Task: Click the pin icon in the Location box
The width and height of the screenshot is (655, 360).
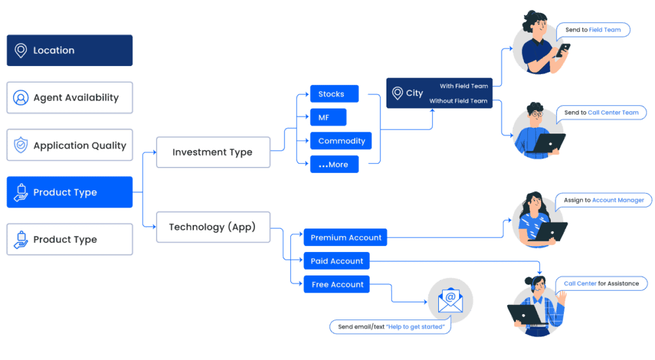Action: pyautogui.click(x=21, y=50)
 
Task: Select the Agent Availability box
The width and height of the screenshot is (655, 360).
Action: pyautogui.click(x=69, y=98)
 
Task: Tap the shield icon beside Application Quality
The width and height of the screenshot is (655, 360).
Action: pyautogui.click(x=21, y=145)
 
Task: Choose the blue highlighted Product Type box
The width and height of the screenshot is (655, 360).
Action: pyautogui.click(x=69, y=192)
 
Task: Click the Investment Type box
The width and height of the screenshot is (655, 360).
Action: pyautogui.click(x=213, y=152)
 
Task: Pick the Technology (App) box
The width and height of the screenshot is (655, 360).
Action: pyautogui.click(x=213, y=227)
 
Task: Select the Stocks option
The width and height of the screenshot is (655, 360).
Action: pyautogui.click(x=334, y=94)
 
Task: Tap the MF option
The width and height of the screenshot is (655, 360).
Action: pyautogui.click(x=327, y=117)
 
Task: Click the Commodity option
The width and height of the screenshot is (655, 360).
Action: pyautogui.click(x=341, y=141)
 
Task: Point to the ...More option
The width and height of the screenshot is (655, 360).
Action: pyautogui.click(x=334, y=164)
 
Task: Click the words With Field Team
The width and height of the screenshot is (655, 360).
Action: pyautogui.click(x=464, y=86)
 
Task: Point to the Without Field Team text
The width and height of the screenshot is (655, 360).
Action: pyautogui.click(x=458, y=101)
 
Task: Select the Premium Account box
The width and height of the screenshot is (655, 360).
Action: pyautogui.click(x=345, y=238)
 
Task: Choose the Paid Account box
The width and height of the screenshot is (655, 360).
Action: pyautogui.click(x=337, y=261)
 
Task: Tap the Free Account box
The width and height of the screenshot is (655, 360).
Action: pyautogui.click(x=337, y=285)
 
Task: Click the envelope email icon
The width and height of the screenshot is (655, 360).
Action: pyautogui.click(x=450, y=300)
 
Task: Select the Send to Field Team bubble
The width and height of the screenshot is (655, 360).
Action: pyautogui.click(x=593, y=30)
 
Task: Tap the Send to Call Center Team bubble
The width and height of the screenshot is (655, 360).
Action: pyautogui.click(x=601, y=113)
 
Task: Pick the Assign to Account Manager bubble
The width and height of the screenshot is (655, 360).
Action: pyautogui.click(x=603, y=200)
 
